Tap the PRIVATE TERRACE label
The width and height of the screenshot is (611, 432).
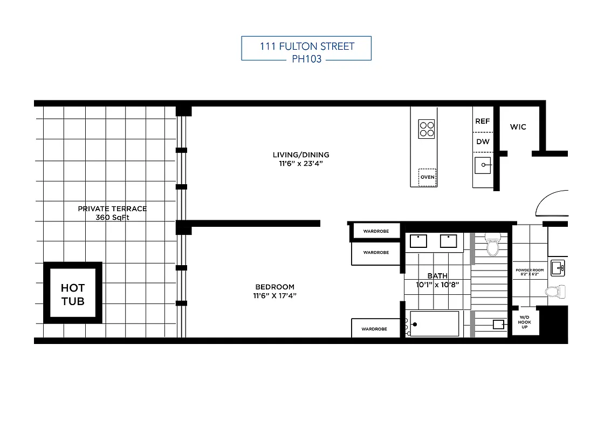click(112, 208)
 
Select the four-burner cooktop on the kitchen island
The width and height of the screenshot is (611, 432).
click(427, 129)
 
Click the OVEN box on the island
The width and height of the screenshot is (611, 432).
click(427, 177)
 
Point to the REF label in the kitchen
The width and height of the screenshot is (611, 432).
click(482, 122)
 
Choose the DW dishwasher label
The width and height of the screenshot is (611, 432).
click(483, 142)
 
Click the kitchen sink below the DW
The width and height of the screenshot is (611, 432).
click(483, 165)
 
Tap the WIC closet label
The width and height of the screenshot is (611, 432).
click(518, 127)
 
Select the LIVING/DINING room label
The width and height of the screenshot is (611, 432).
click(300, 155)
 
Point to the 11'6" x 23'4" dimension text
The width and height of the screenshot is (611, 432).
click(300, 163)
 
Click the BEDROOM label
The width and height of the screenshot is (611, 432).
click(275, 287)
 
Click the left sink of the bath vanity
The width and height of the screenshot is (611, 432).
click(418, 241)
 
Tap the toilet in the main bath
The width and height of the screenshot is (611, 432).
click(493, 245)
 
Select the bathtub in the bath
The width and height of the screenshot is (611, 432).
click(435, 324)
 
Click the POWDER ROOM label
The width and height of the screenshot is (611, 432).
click(530, 269)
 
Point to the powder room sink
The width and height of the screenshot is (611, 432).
click(559, 266)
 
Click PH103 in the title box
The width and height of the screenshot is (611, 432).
click(306, 59)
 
